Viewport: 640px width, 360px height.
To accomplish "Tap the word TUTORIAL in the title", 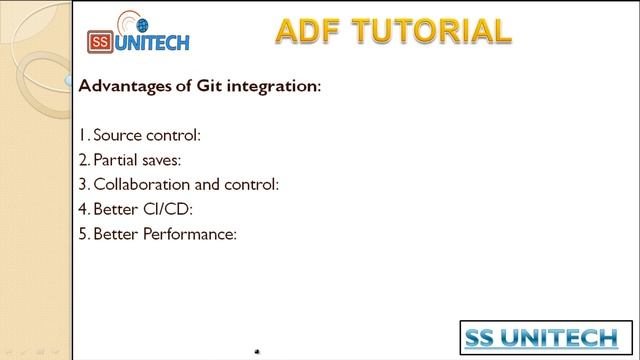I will (x=437, y=31).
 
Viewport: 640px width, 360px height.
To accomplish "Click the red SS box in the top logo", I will (x=100, y=43).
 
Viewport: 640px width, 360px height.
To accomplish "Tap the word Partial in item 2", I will (x=118, y=159).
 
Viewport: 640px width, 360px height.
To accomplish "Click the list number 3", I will (x=82, y=185).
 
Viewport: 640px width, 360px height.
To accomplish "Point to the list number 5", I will (x=82, y=236).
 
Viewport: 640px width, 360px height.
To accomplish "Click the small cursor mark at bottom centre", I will (x=258, y=352).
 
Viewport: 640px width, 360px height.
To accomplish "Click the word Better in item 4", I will (x=117, y=210).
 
